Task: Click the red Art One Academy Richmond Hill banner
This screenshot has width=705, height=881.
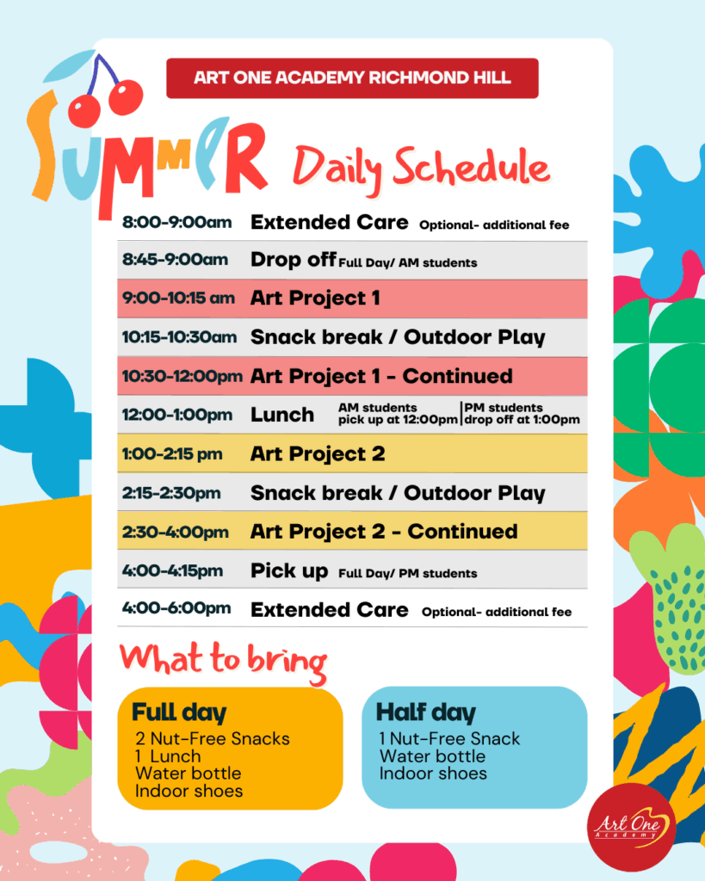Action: click(x=353, y=78)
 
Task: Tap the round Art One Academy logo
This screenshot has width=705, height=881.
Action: click(x=631, y=827)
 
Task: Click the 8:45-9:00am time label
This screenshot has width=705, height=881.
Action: click(x=176, y=260)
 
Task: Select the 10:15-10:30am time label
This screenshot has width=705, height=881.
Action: click(x=179, y=337)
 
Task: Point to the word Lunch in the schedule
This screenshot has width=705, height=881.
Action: click(x=282, y=415)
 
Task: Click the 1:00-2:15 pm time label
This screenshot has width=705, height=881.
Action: click(x=172, y=454)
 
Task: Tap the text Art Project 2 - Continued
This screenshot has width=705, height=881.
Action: click(x=384, y=532)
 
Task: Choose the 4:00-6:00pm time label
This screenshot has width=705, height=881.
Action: click(x=176, y=608)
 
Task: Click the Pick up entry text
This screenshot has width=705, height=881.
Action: click(x=289, y=571)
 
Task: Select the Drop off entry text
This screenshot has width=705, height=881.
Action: click(x=294, y=260)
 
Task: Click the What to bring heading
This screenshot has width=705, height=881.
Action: click(x=223, y=662)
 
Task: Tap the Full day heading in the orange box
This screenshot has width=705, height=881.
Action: click(x=179, y=712)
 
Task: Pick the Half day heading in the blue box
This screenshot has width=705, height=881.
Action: click(x=425, y=712)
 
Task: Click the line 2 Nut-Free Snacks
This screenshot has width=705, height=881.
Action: click(x=213, y=738)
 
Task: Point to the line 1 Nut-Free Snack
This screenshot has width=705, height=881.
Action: click(x=449, y=738)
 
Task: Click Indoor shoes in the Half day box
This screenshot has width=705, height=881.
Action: click(x=433, y=773)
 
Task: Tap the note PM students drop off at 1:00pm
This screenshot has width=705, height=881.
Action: click(x=522, y=414)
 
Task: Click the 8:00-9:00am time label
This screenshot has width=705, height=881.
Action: click(x=177, y=223)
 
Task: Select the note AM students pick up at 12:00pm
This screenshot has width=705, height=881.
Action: click(x=398, y=414)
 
